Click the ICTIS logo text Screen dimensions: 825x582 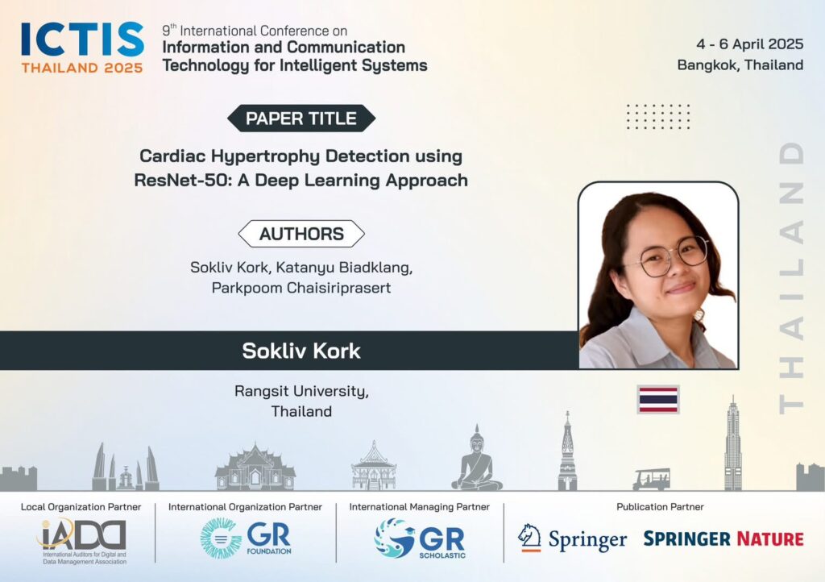coord(83,39)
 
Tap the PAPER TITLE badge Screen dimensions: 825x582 coord(301,118)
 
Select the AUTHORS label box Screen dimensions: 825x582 coord(301,234)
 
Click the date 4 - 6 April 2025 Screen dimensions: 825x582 coord(750,44)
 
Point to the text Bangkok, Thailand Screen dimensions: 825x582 coord(740,64)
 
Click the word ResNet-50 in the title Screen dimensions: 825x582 coord(183,180)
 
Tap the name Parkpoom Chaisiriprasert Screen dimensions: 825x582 coord(301,288)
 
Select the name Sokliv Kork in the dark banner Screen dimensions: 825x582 coord(301,351)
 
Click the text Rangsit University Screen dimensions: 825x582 coord(301,391)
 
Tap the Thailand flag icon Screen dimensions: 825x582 coord(658,399)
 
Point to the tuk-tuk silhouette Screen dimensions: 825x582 coord(651,479)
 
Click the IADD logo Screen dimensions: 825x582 coord(83,541)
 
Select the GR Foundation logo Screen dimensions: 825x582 coord(246,538)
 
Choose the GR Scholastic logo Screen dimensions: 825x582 coord(420,538)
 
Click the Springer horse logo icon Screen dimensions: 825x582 coord(529,538)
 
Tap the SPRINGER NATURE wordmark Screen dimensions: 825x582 coord(723,538)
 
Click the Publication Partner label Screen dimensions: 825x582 coord(660,507)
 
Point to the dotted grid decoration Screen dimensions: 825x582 coord(658,116)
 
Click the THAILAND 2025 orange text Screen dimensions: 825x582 coord(82,68)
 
